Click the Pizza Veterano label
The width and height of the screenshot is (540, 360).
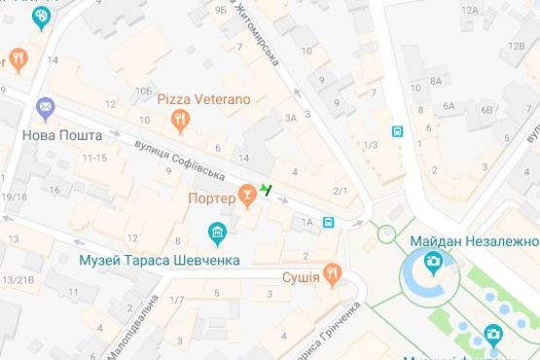tap(203, 99)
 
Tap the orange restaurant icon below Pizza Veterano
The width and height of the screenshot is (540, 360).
tap(179, 121)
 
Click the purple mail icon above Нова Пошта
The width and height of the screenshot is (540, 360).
tap(45, 107)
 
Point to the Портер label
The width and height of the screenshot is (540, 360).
tap(211, 198)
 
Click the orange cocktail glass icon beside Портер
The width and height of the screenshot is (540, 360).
tap(248, 197)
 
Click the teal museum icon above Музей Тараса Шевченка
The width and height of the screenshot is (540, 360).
tap(218, 234)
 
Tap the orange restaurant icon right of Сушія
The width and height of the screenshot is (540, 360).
tap(333, 276)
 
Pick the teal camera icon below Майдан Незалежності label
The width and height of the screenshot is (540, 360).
tap(433, 262)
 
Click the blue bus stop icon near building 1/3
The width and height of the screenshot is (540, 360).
tap(397, 131)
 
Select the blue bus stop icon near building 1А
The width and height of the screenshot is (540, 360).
tap(329, 222)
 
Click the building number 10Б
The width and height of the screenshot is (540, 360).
tap(144, 90)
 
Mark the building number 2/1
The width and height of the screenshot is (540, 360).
tap(340, 191)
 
